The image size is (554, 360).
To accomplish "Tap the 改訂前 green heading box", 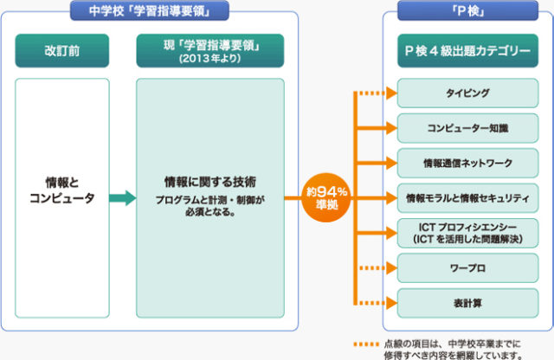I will [x=61, y=51].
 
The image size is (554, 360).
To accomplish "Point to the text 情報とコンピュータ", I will [x=62, y=191].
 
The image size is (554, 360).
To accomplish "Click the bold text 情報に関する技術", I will [x=210, y=183].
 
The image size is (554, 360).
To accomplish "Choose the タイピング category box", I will [x=467, y=92].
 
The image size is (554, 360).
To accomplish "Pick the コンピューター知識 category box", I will [x=467, y=127].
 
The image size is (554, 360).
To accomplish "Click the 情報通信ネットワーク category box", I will [x=467, y=163].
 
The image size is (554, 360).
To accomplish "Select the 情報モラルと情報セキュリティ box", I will [x=467, y=197].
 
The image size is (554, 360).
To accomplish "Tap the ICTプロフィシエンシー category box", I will [x=467, y=232].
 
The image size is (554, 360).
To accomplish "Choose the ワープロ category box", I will [x=467, y=267].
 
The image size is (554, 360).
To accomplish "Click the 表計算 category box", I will [x=467, y=303].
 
